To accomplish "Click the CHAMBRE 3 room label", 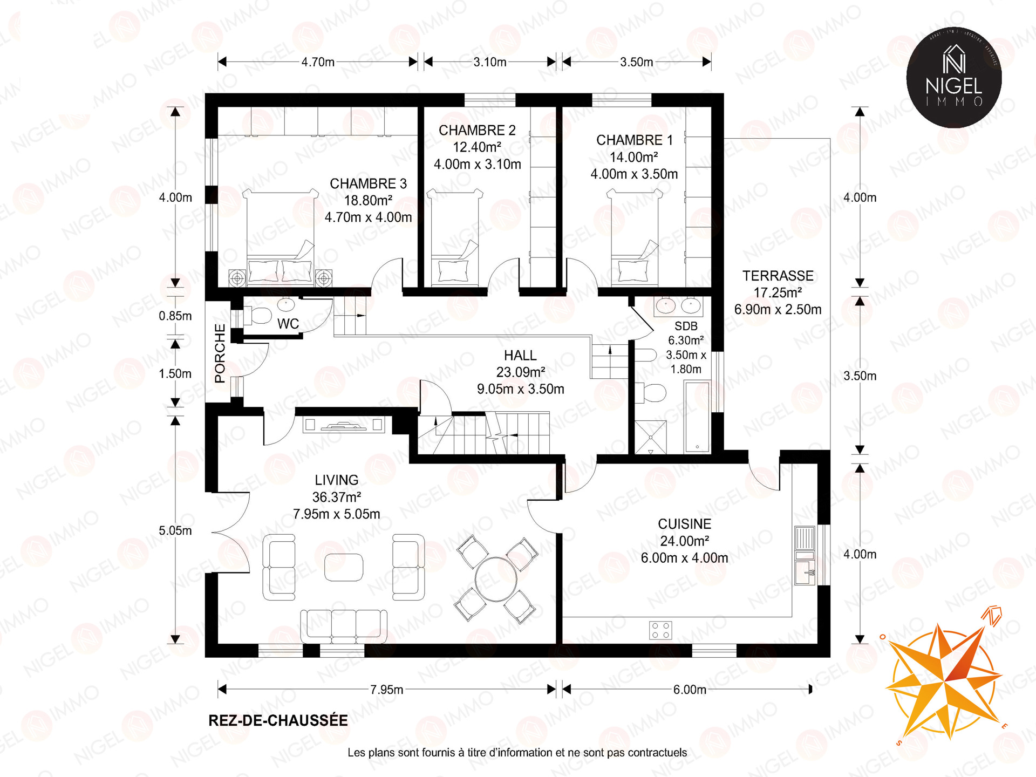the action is (x=368, y=183).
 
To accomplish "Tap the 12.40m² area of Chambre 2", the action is (x=477, y=147).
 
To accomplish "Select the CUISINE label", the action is (x=684, y=524).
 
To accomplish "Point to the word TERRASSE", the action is (x=778, y=276).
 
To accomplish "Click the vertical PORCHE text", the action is (x=220, y=353).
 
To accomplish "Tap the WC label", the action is (x=288, y=324).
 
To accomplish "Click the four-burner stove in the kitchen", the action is (x=660, y=630).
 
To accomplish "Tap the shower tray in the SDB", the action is (x=651, y=437).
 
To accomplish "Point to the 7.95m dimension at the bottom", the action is (x=387, y=689).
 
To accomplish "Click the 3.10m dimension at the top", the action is (x=490, y=62).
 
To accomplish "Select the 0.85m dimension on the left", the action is (x=175, y=316).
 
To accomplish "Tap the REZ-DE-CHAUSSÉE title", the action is (x=278, y=721).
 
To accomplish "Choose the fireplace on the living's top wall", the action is (x=344, y=425).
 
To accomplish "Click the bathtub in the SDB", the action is (x=697, y=416).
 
